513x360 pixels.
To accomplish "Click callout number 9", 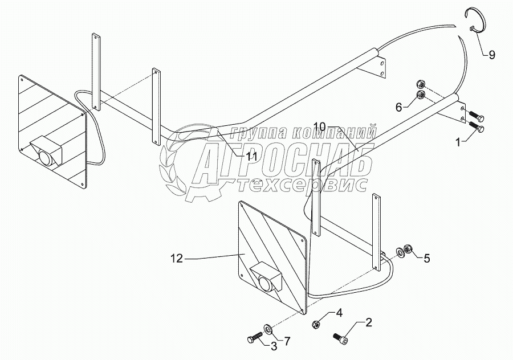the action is point(491,55).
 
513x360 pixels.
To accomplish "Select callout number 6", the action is point(400,106).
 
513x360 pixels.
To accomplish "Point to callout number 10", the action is point(320,125).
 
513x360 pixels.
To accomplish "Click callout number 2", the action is point(369,323).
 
